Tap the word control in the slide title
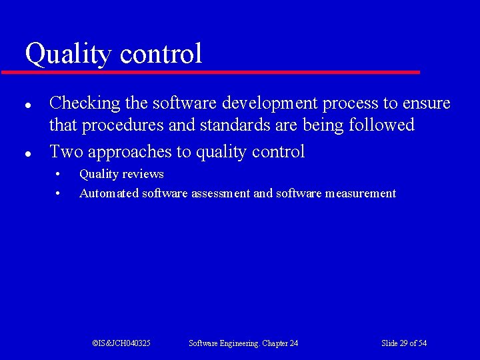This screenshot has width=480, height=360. (159, 53)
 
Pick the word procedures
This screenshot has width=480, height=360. (115, 125)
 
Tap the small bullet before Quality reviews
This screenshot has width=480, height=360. (58, 175)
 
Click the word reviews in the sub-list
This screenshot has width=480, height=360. (143, 174)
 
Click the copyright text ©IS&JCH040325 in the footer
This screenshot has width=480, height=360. (121, 343)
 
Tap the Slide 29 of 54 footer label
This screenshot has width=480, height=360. (404, 343)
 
